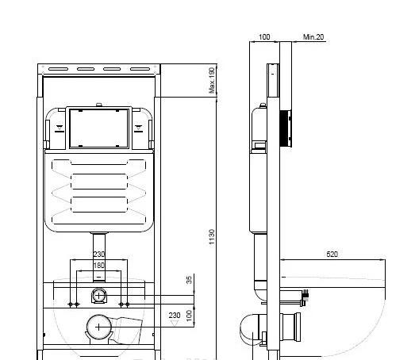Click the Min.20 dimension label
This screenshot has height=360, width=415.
[x=313, y=36]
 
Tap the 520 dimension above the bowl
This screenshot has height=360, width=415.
[x=332, y=254]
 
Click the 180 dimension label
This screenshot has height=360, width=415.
[x=98, y=265]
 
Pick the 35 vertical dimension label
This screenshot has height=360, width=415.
[x=189, y=280]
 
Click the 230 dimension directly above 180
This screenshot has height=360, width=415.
[x=98, y=255]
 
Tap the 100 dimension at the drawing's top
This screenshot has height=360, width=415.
[x=264, y=36]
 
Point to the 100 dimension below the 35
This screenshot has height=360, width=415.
[x=189, y=316]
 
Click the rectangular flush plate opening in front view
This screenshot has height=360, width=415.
[x=98, y=127]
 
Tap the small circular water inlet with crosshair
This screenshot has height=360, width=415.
[x=98, y=297]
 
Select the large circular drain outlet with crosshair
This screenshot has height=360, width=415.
[x=98, y=325]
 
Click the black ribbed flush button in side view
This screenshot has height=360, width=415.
[x=288, y=128]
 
